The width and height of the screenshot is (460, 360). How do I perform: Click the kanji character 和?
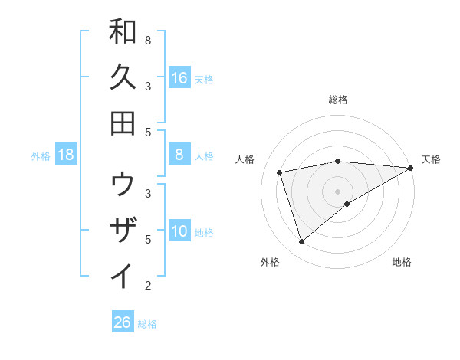(123, 32)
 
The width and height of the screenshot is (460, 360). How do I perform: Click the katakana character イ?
(123, 277)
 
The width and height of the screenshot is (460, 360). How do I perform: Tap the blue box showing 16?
(179, 77)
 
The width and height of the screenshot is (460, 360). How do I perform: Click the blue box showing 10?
(179, 231)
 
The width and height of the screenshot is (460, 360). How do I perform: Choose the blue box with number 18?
(66, 155)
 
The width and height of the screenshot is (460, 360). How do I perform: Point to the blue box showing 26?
(123, 322)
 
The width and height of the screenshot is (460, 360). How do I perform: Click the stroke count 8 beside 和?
(148, 40)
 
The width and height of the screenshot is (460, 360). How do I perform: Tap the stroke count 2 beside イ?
(148, 286)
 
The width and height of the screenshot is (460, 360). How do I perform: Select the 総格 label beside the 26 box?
(147, 324)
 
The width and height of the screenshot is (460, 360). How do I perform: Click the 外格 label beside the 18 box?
(41, 156)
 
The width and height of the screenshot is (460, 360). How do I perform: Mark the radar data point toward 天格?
(412, 168)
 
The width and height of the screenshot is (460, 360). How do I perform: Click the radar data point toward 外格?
(302, 242)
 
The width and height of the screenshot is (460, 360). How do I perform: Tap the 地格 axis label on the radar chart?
(402, 263)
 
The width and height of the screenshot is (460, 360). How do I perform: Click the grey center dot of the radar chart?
(338, 191)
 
